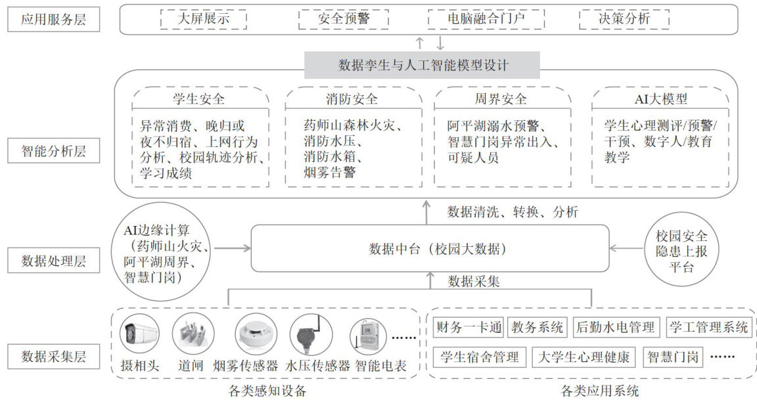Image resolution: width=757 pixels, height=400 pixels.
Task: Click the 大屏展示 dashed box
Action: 204,19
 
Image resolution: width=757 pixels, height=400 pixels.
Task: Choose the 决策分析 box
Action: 624,19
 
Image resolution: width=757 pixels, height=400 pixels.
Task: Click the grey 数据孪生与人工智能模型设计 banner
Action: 423,66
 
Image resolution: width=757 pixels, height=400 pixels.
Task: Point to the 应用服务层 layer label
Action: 47,20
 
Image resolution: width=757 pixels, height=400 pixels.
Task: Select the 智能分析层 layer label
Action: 47,152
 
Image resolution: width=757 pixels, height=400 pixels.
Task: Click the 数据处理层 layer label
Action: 47,261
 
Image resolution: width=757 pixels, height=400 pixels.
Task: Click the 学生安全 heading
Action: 202,100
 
